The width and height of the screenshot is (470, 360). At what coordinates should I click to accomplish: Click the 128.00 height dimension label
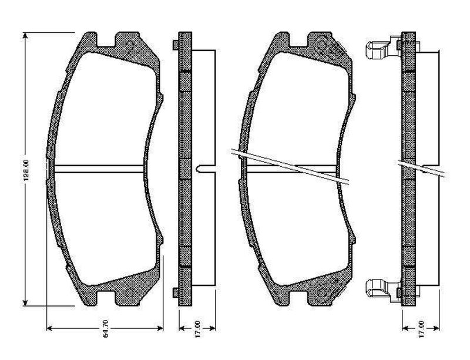point(26,170)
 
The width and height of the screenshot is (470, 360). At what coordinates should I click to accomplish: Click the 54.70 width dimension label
point(105,329)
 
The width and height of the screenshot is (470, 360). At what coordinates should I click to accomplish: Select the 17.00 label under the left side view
point(197,329)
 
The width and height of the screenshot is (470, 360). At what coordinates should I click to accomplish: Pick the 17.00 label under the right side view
point(421,329)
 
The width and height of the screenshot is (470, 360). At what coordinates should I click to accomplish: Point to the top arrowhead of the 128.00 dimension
point(25,36)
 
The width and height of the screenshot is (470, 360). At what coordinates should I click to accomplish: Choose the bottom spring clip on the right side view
point(384,291)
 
